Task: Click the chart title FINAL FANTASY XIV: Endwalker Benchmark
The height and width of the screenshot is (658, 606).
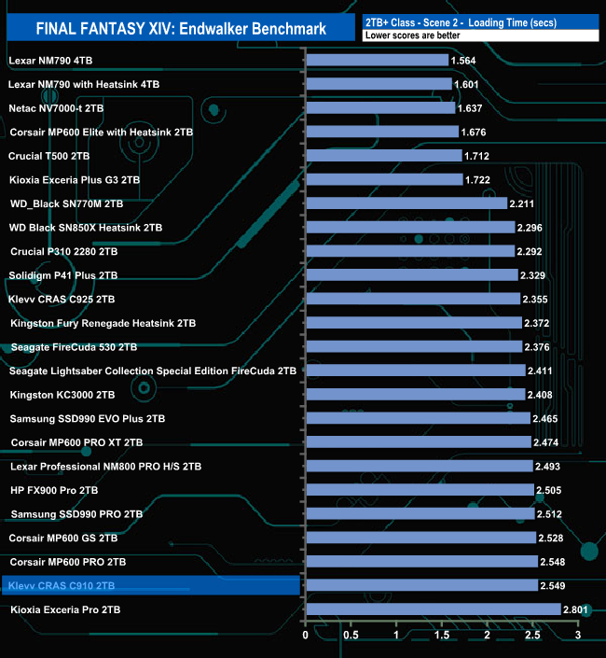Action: [182, 28]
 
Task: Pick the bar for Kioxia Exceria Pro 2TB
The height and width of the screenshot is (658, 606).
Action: [433, 609]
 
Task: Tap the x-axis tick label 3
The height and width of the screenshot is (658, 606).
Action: [577, 636]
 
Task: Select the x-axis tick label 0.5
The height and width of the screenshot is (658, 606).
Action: [351, 636]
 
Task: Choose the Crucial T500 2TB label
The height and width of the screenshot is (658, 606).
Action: [48, 156]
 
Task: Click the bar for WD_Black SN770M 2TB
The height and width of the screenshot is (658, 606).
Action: [406, 203]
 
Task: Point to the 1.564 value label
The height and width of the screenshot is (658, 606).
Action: [464, 61]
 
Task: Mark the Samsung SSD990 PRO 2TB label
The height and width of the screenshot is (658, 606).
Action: [76, 514]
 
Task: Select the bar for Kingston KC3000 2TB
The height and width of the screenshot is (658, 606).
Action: [415, 395]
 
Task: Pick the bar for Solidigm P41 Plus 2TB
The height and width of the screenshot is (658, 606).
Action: [411, 274]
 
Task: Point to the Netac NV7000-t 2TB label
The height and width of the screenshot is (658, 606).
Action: [56, 108]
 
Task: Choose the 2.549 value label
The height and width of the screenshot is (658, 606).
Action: [556, 586]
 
